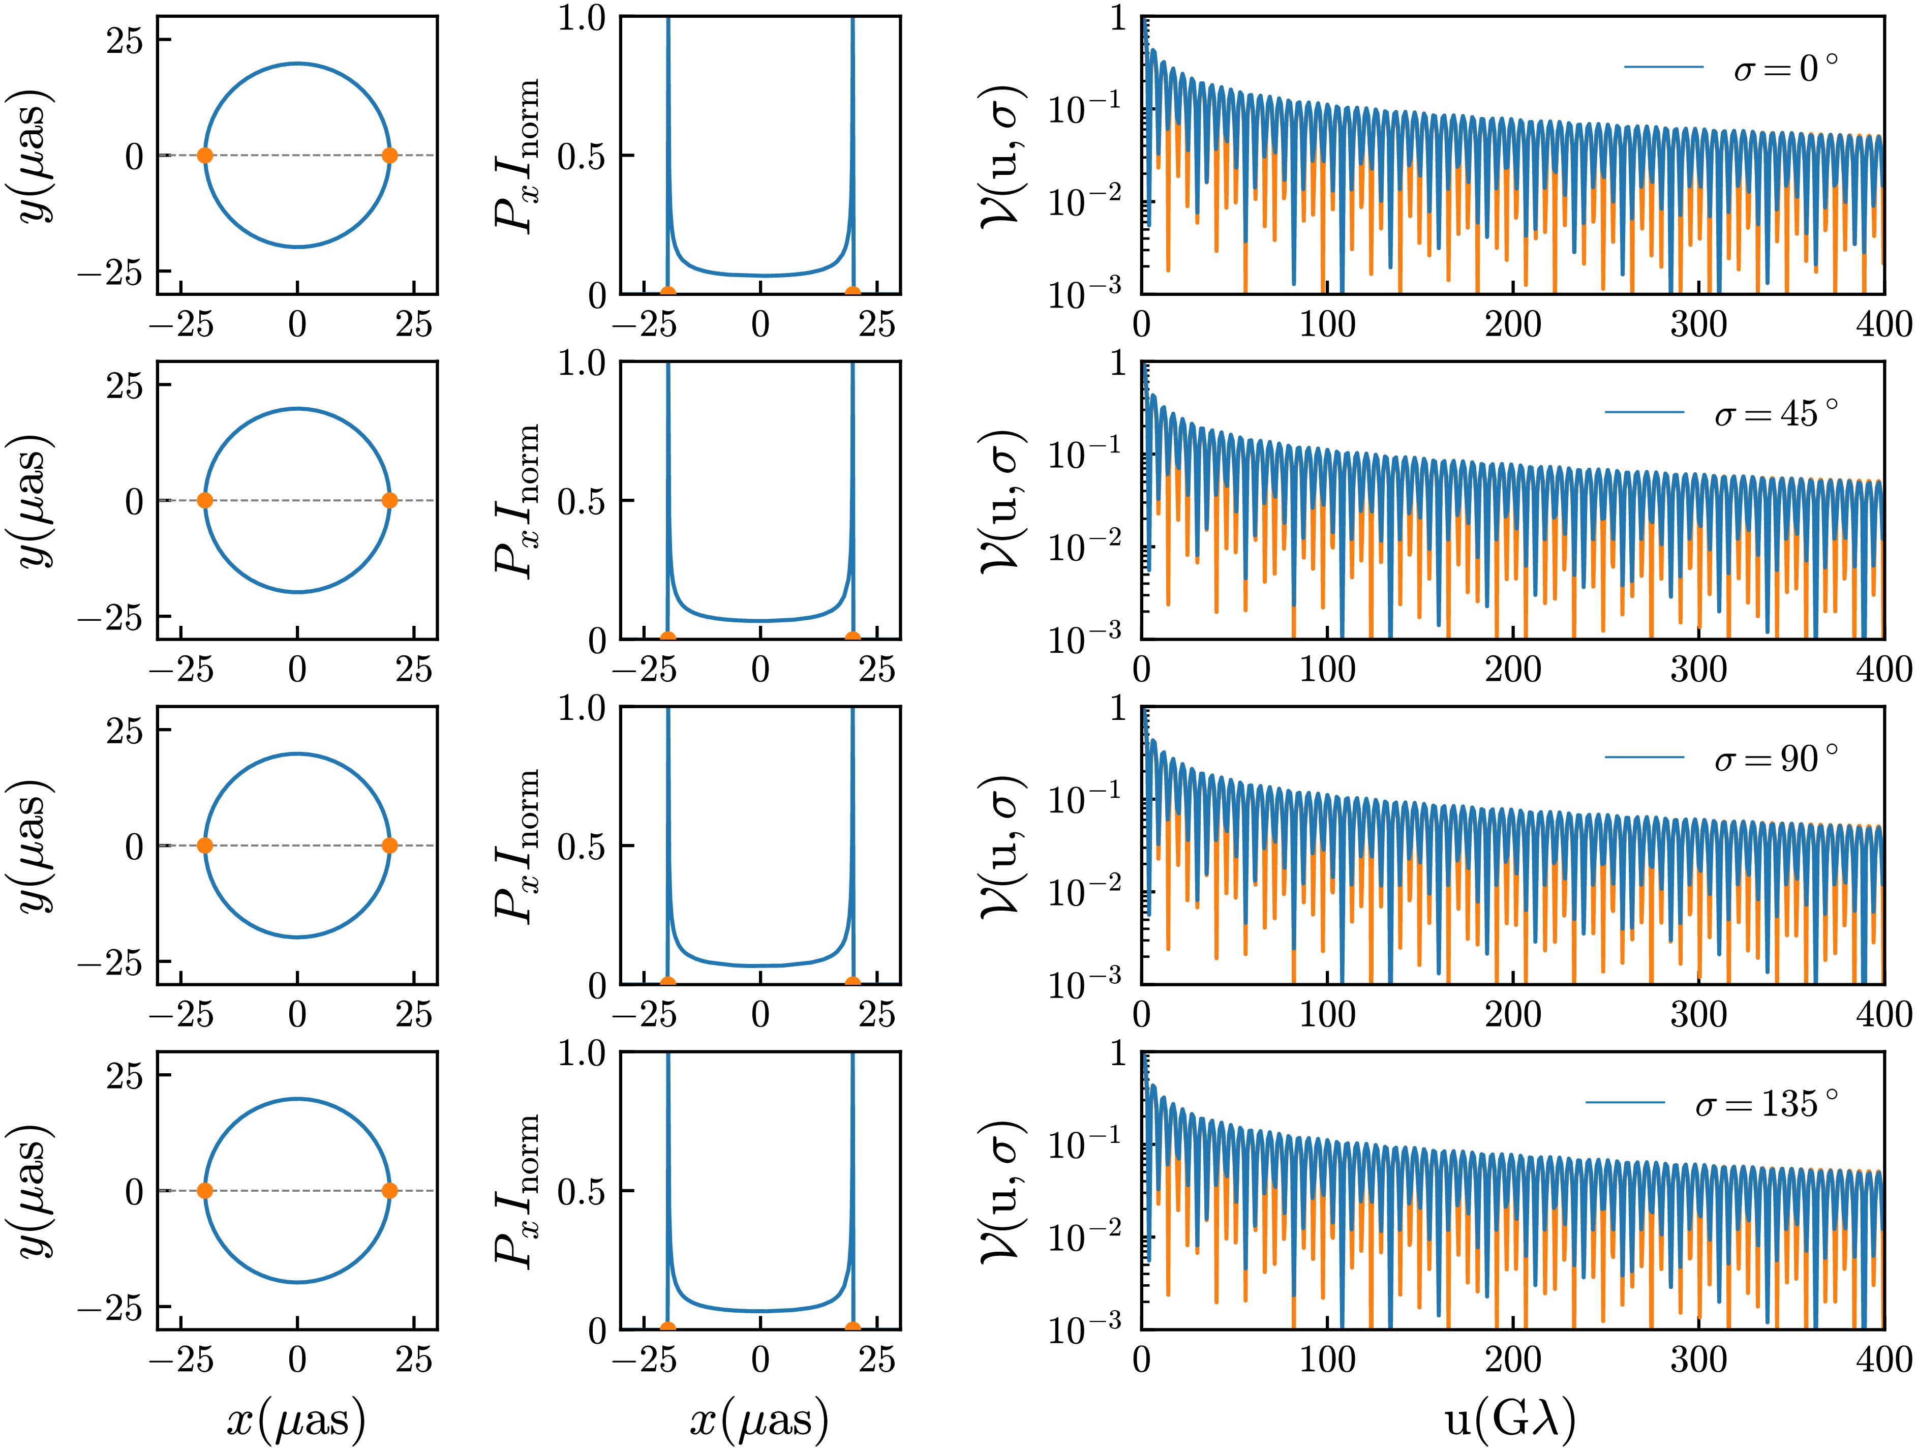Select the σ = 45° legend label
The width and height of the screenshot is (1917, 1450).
coord(1776,413)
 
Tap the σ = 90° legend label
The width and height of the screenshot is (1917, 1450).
coord(1776,759)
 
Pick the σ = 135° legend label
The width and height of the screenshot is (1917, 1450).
coord(1766,1103)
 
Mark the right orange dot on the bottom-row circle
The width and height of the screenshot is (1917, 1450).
coord(390,1191)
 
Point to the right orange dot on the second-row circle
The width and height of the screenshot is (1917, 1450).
coord(390,500)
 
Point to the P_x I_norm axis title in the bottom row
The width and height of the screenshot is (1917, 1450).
coord(516,1191)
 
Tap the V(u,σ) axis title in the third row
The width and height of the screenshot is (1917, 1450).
coord(1002,846)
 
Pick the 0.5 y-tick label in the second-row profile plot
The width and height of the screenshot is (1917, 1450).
coord(583,501)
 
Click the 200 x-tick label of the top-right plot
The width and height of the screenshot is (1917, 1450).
coord(1513,324)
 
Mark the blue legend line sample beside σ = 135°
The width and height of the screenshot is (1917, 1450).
coord(1626,1103)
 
